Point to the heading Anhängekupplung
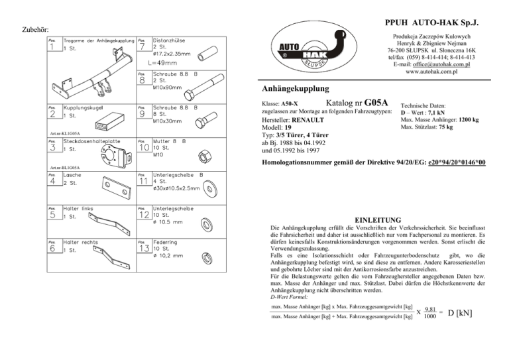click(296, 88)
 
